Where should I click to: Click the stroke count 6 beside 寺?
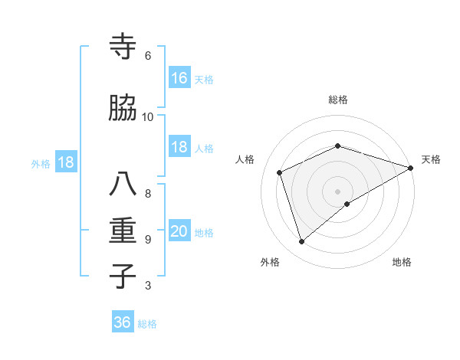(x=148, y=56)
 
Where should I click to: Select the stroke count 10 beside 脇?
(x=148, y=117)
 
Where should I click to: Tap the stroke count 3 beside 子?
(x=148, y=286)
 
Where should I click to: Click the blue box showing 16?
(x=179, y=77)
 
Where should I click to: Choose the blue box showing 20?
(x=179, y=232)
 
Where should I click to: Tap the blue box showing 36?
(x=123, y=322)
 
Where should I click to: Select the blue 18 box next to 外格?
(x=65, y=162)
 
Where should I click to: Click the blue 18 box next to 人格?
(x=179, y=148)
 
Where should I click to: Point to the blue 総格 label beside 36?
(x=147, y=324)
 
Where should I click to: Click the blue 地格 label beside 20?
(x=204, y=233)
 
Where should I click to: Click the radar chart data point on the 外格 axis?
(x=302, y=242)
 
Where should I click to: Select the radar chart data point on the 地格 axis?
(x=347, y=204)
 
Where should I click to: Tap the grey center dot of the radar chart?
(x=337, y=190)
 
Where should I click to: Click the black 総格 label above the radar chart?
(x=337, y=100)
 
